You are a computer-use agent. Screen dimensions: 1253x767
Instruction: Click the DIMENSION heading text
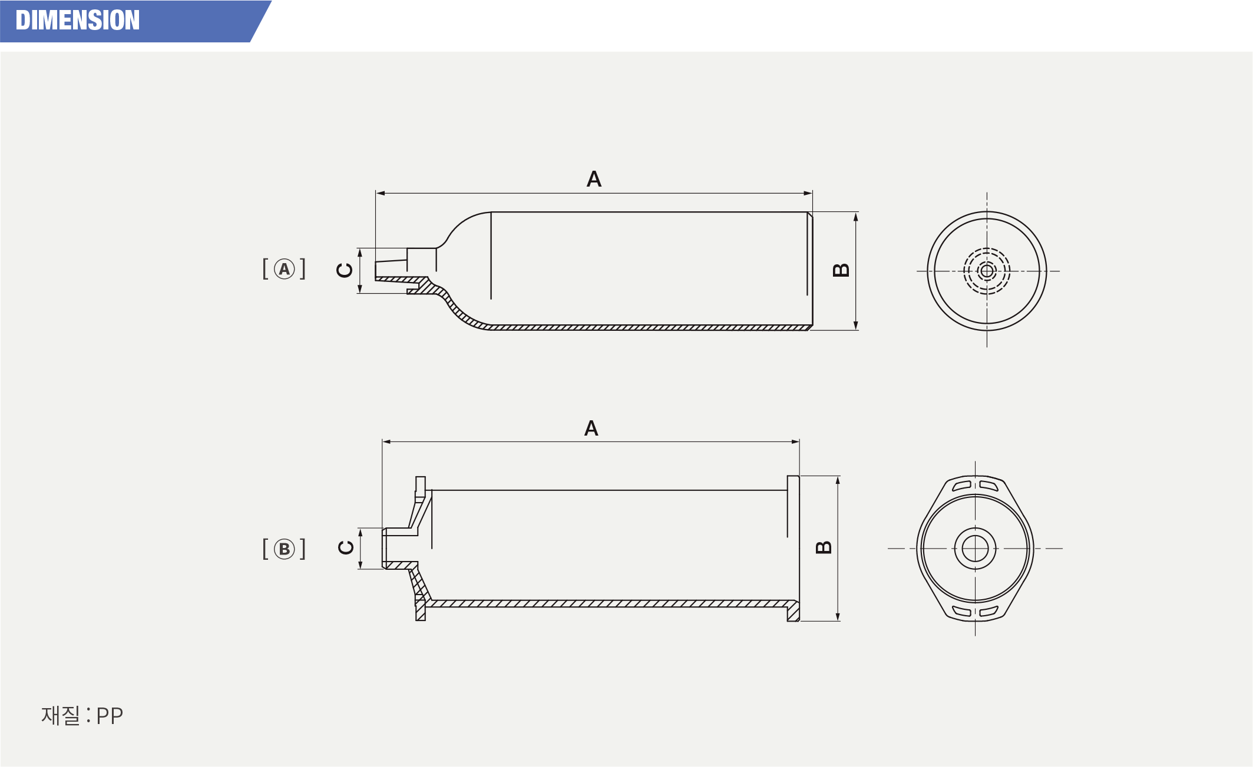[78, 21]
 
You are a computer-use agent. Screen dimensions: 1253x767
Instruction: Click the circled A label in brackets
[285, 269]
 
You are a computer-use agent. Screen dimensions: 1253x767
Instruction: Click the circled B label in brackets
[285, 549]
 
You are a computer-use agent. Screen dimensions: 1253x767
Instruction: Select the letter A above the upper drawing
[594, 179]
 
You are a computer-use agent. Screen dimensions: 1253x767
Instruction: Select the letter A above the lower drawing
[591, 428]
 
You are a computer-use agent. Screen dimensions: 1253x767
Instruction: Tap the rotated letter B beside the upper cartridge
[841, 270]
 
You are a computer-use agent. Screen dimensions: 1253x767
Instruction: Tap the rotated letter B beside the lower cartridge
[824, 547]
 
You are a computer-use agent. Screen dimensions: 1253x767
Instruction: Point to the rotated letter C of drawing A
[345, 270]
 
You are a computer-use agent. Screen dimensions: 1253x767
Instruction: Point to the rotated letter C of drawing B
[346, 547]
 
